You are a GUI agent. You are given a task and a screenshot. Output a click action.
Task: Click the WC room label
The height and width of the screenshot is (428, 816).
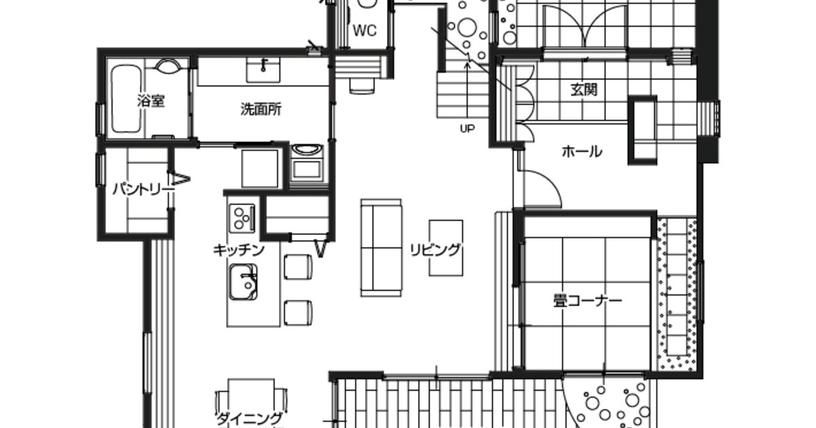pos(364,31)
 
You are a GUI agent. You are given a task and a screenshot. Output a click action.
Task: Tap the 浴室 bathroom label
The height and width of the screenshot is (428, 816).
pos(151,101)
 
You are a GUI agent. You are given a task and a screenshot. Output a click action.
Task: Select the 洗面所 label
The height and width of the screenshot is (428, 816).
pos(261,109)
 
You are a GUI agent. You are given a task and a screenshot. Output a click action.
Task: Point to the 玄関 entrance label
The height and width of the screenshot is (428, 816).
pos(584,90)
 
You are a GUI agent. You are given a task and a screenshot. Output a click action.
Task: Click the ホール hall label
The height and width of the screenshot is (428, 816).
pos(582,151)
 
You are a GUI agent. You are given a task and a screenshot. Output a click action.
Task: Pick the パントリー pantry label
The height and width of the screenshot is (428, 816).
pos(142,190)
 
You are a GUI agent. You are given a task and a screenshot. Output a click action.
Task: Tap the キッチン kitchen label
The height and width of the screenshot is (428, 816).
pos(239,250)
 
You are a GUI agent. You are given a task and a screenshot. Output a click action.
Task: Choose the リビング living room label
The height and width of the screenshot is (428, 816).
pos(435,250)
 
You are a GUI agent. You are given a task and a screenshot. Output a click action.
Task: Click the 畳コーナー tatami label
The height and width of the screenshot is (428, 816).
pos(588,300)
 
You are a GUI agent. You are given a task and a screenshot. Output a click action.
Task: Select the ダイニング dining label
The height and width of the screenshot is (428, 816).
pos(250,418)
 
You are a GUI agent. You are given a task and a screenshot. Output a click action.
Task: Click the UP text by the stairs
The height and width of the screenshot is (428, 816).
pos(467,128)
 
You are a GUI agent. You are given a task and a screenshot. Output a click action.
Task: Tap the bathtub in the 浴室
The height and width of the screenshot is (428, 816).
pos(126,99)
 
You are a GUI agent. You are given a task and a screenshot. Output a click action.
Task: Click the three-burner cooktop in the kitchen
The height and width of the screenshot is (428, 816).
pos(242,218)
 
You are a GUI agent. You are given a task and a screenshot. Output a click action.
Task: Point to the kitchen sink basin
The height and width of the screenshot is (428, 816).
pos(243,282)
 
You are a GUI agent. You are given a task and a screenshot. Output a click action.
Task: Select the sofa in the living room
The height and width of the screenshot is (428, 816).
pos(381,248)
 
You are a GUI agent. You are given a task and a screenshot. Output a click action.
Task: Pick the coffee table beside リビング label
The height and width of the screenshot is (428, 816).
pos(446,248)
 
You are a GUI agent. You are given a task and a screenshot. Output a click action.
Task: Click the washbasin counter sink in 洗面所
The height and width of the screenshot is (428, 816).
pos(263,70)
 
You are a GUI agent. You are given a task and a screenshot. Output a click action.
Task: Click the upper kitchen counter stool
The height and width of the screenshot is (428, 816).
pos(298,267)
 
